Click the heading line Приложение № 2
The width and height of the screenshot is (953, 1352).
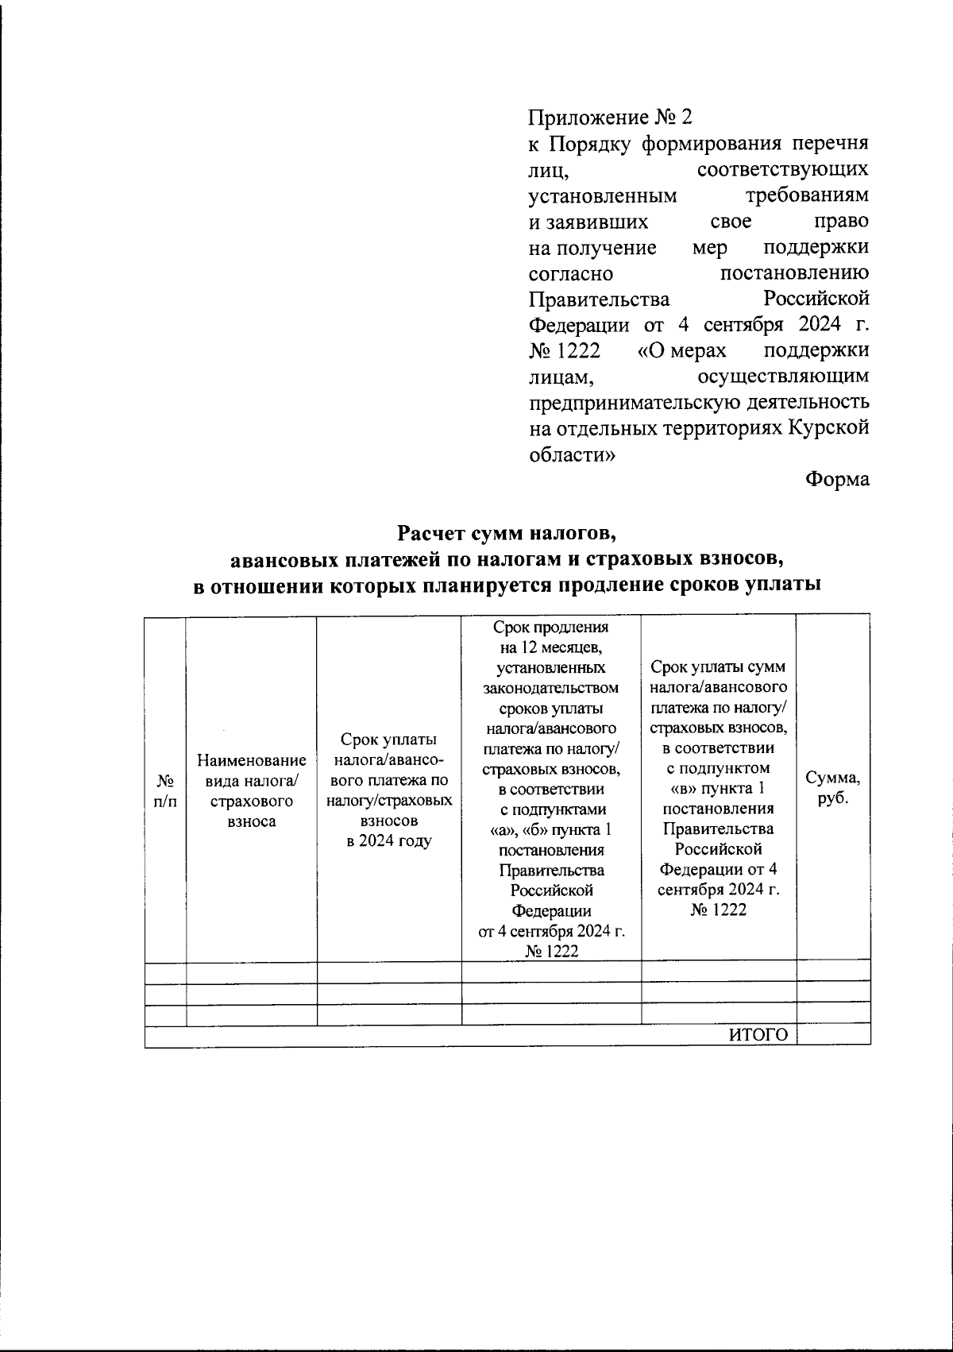[x=611, y=118]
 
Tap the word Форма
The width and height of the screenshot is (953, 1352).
[x=837, y=480]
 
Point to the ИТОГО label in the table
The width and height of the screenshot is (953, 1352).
[x=758, y=1034]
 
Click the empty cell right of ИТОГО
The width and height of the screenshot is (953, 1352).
[x=833, y=1034]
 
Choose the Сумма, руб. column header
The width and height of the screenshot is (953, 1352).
[x=833, y=788]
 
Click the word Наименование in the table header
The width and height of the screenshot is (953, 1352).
[x=252, y=760]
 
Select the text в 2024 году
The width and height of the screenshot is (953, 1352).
[x=389, y=841]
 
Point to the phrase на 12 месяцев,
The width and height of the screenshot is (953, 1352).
[x=551, y=647]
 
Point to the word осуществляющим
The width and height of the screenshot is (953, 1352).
[x=782, y=376]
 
